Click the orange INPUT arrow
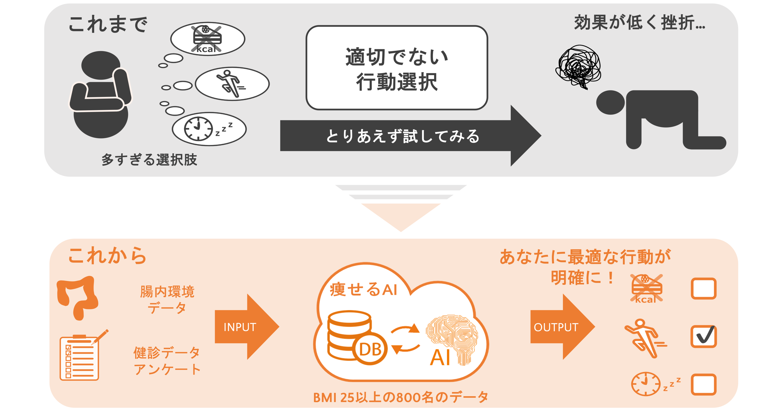click(x=243, y=327)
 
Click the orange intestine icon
click(x=77, y=296)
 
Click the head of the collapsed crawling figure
click(x=610, y=102)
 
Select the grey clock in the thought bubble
click(x=198, y=129)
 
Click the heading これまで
click(x=108, y=24)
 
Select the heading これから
click(x=107, y=255)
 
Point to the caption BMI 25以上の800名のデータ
click(x=401, y=397)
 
